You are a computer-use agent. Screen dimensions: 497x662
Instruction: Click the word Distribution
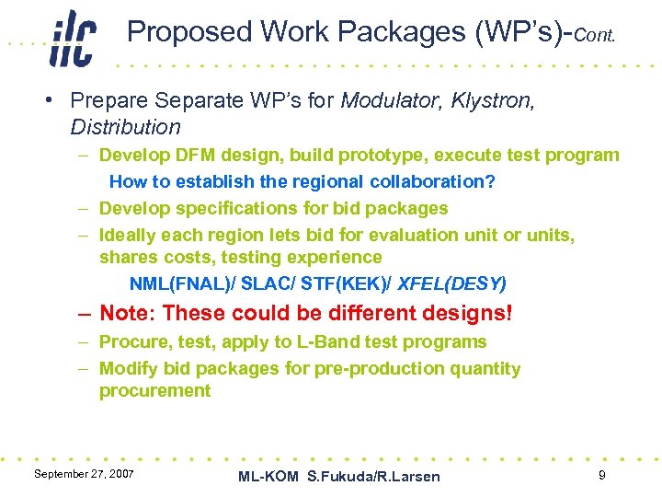125,126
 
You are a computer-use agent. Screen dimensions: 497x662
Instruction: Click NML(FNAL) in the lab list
180,283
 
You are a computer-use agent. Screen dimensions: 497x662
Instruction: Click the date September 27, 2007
83,473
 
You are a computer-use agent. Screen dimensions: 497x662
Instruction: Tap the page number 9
601,475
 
